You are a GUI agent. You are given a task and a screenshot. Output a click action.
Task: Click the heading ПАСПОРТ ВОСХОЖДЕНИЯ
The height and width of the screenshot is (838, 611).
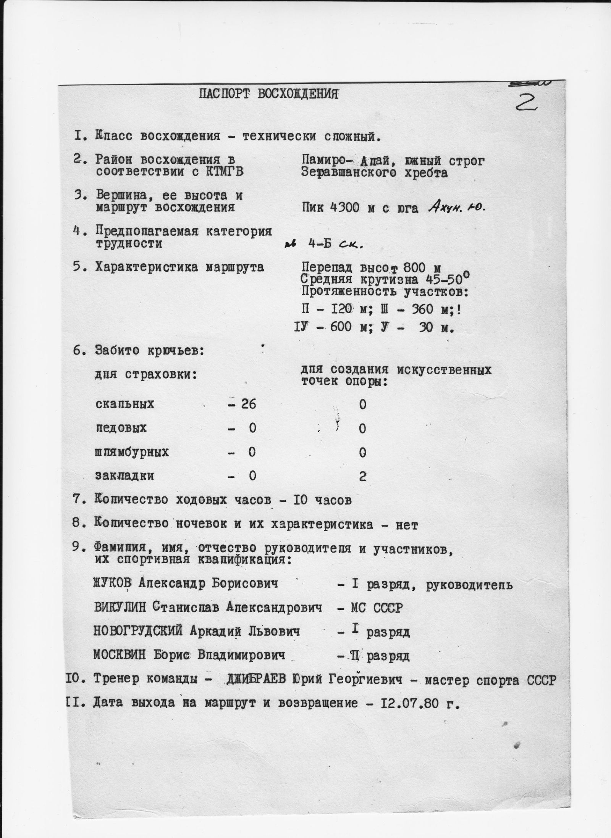[x=268, y=94]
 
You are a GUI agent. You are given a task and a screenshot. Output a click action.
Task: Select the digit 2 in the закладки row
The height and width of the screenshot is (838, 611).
[x=362, y=477]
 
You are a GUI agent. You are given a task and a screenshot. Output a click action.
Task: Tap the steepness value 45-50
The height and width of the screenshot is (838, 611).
[x=446, y=280]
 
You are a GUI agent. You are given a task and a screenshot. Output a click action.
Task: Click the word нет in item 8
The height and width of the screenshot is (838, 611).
[x=407, y=525]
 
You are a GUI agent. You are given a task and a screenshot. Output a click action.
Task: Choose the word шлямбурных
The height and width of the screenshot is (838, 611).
[x=132, y=453]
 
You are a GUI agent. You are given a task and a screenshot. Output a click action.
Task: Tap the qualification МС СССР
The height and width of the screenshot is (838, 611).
[x=376, y=608]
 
